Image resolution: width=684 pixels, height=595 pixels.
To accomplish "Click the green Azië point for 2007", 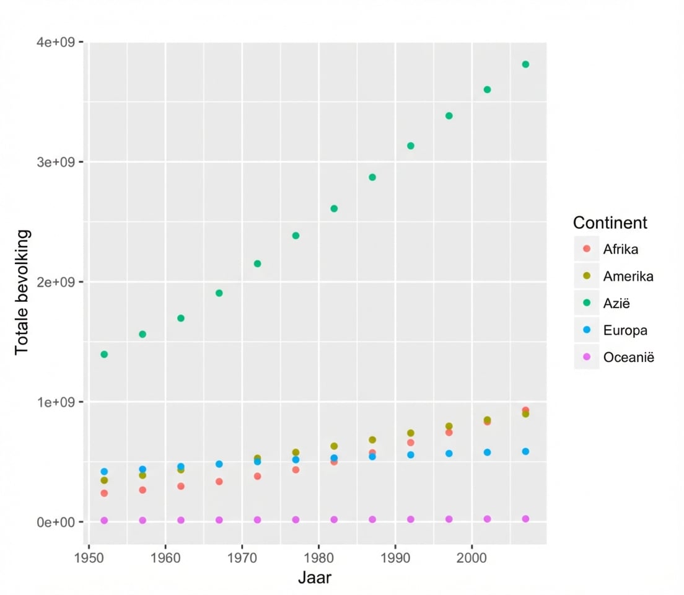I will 525,64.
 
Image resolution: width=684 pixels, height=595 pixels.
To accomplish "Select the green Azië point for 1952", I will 104,355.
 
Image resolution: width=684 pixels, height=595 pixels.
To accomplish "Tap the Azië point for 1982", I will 334,209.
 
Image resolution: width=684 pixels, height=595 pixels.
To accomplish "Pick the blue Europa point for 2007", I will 525,452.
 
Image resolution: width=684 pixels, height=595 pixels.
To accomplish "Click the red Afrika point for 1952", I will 104,493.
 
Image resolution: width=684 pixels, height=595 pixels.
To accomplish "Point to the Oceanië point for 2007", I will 525,519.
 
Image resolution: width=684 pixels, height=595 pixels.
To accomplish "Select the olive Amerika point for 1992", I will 410,433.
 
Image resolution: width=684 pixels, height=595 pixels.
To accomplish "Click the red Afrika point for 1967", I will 219,482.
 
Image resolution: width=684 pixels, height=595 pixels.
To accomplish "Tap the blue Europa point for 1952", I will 104,472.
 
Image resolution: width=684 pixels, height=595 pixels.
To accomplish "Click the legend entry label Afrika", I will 620,250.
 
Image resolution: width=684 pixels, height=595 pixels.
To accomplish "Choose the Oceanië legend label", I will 628,357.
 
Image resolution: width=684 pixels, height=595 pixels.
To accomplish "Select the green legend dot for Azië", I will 587,303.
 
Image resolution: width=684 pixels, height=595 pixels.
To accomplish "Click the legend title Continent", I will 610,223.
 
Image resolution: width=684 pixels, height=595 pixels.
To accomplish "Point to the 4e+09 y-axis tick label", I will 57,43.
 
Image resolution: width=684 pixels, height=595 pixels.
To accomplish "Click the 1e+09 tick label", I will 57,402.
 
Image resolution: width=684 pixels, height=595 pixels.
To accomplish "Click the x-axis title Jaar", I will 315,578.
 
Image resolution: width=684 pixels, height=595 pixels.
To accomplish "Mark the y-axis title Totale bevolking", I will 22,291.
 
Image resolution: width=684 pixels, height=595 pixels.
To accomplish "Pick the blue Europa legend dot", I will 587,330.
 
